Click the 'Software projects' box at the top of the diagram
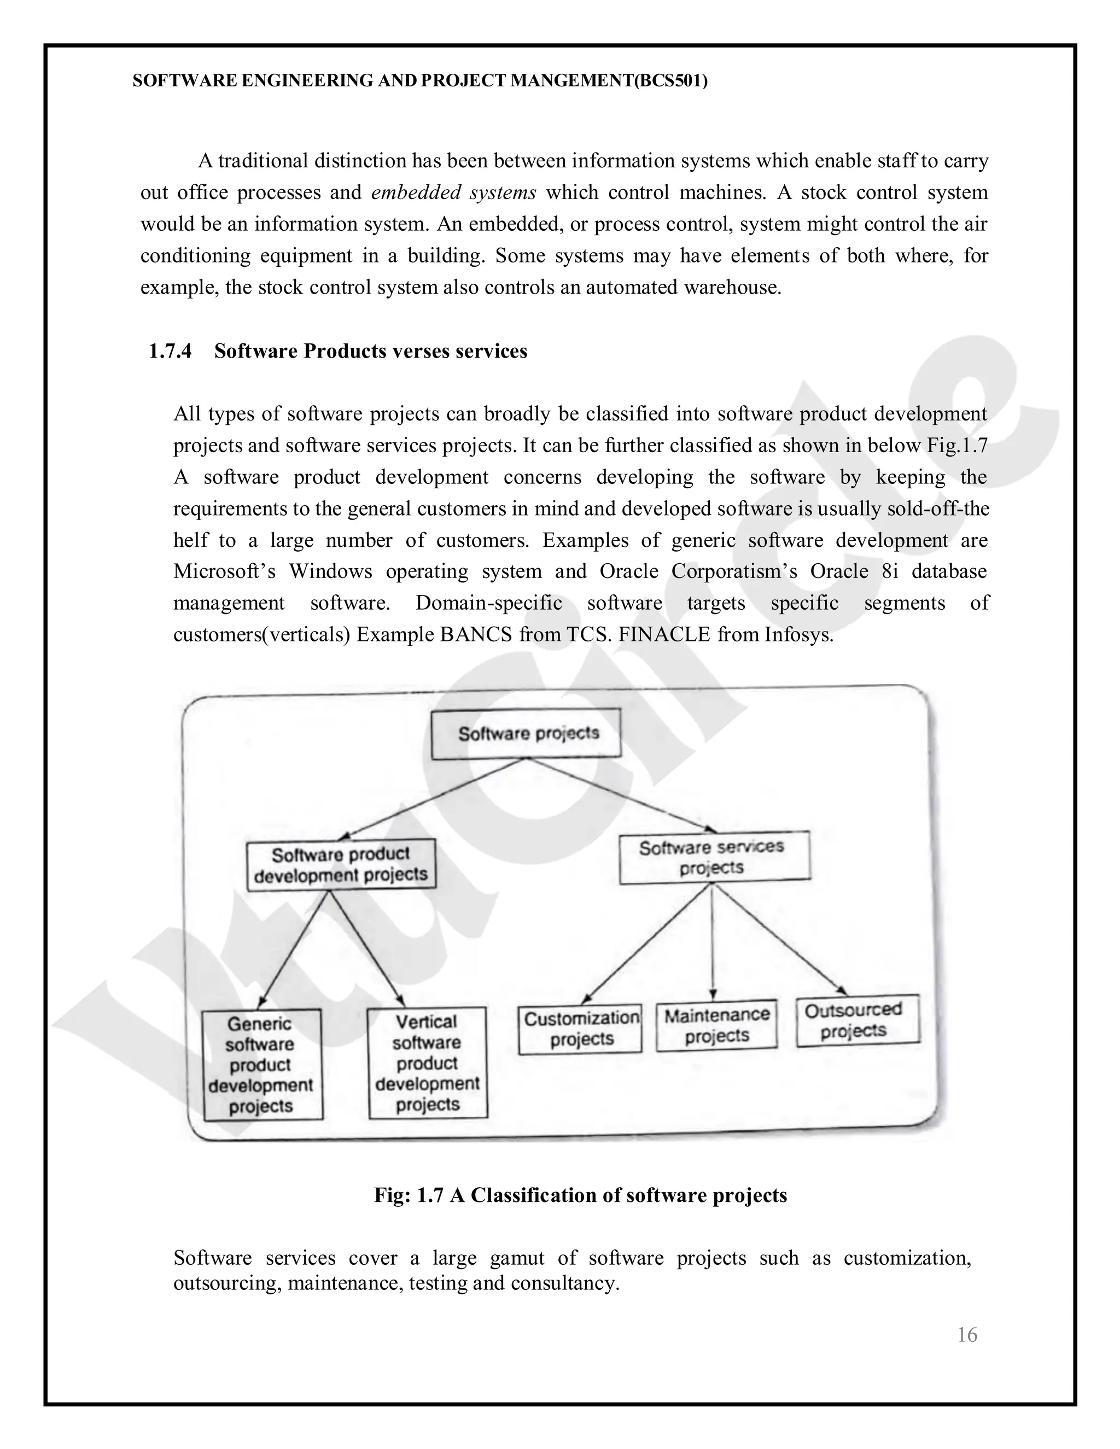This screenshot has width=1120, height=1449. click(526, 733)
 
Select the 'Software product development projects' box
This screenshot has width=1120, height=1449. click(341, 864)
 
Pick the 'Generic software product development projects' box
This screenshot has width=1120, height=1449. click(262, 1065)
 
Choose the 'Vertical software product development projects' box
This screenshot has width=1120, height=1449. click(427, 1063)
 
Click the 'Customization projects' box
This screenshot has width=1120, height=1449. click(581, 1029)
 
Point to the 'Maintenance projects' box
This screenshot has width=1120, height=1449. click(716, 1026)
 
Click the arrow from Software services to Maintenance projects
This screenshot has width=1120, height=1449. click(712, 942)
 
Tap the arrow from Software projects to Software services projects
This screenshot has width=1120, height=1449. click(623, 796)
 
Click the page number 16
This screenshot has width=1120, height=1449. click(967, 1334)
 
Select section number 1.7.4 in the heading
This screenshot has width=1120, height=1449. click(170, 351)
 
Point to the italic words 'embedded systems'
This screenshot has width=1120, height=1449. click(453, 192)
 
